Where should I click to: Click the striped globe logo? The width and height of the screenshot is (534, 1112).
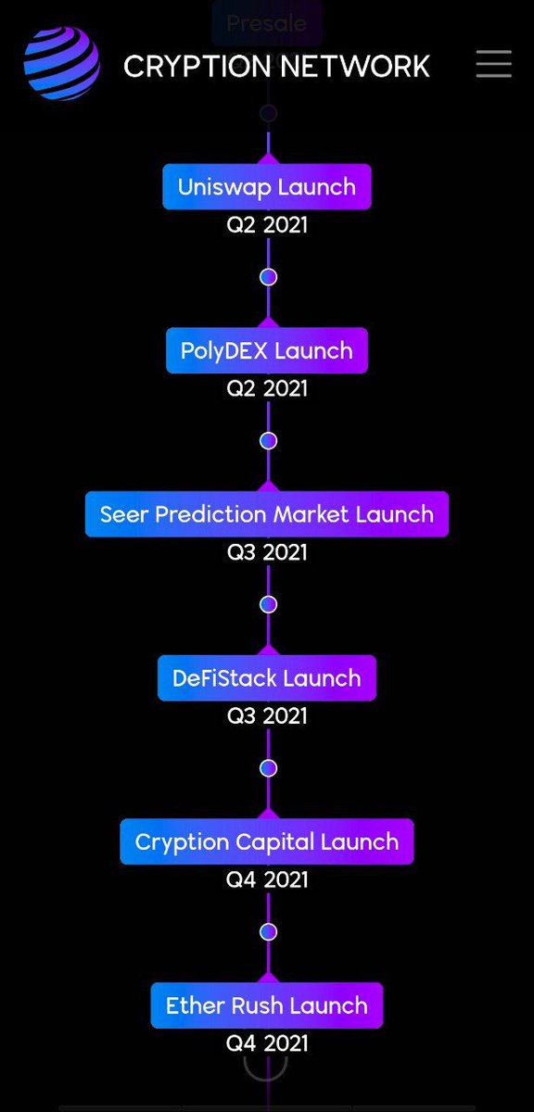pos(61,63)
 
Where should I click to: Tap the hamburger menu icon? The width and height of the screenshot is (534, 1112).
pos(493,63)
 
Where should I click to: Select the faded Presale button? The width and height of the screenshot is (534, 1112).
pos(267,23)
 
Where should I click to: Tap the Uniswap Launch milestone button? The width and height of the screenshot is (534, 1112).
pos(267,186)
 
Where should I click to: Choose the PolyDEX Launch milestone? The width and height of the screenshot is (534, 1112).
pos(267,350)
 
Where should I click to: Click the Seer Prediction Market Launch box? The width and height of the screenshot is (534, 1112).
pos(267,514)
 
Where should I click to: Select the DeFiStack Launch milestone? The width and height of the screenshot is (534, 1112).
pos(267,678)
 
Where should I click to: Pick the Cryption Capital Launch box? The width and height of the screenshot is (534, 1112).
pos(267,841)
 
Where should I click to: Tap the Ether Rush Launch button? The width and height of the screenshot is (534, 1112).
pos(267,1005)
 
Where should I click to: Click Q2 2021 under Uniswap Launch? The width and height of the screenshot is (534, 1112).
pos(267,225)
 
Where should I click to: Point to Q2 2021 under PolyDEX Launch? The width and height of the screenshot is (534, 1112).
pos(267,388)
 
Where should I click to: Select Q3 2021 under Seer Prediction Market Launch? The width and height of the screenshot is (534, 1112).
pos(267,552)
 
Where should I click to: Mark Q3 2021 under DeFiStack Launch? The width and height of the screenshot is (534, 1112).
pos(267,716)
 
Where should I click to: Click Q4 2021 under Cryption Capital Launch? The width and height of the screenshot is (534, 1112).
pos(267,879)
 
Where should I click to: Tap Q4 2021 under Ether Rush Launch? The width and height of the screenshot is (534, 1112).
pos(267,1043)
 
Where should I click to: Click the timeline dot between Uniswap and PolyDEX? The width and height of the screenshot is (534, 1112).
pos(269,276)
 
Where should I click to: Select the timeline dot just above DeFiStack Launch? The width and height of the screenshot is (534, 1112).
pos(269,604)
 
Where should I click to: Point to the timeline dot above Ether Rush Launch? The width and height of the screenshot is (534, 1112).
pos(269,931)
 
